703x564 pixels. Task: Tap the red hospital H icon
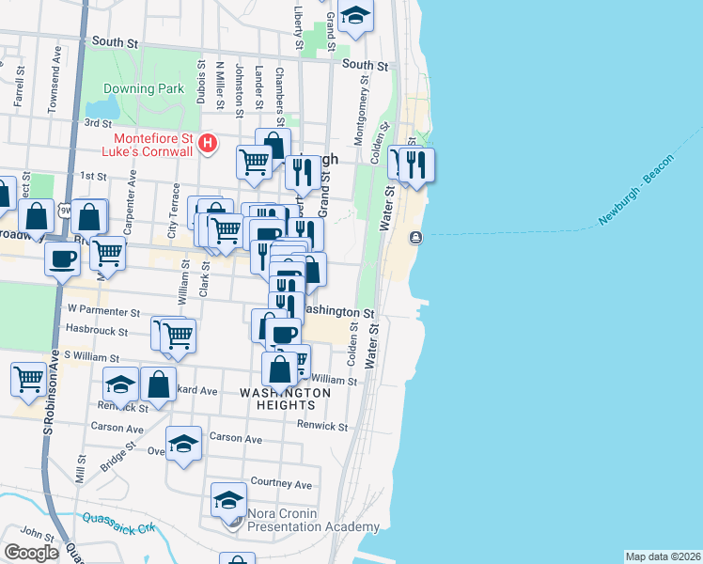pyautogui.click(x=210, y=144)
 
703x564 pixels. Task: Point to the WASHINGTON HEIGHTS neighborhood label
pyautogui.click(x=285, y=399)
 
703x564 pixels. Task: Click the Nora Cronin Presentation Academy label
pyautogui.click(x=313, y=521)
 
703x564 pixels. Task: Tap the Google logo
pyautogui.click(x=31, y=553)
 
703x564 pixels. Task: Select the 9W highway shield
pyautogui.click(x=65, y=209)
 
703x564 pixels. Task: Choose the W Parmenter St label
pyautogui.click(x=103, y=309)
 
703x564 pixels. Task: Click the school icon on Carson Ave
pyautogui.click(x=183, y=446)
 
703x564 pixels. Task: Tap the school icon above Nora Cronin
pyautogui.click(x=228, y=501)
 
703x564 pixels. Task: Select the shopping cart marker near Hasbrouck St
pyautogui.click(x=178, y=336)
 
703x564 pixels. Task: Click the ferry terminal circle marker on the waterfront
pyautogui.click(x=416, y=238)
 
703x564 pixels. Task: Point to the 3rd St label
pyautogui.click(x=98, y=122)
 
